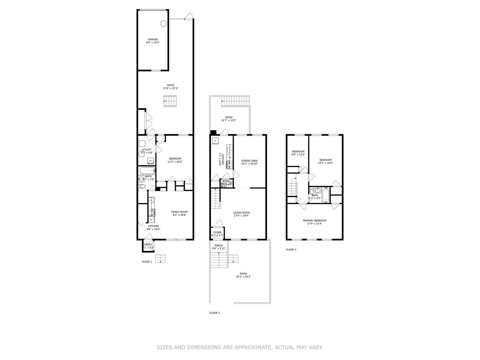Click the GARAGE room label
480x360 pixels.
pos(153,39)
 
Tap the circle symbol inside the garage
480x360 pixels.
pos(163,24)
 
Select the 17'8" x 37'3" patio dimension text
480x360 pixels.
pos(171,89)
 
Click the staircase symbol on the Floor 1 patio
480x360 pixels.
pos(170,101)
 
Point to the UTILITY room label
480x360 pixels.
pos(147,149)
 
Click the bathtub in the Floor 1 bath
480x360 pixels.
pos(147,171)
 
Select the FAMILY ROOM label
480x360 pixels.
pos(179,212)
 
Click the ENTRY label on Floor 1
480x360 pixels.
pos(148,244)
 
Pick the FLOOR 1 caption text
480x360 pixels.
pos(147,262)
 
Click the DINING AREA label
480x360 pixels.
pos(250,161)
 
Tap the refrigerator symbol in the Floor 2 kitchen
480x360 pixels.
pos(215,140)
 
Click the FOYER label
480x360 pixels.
pos(217,233)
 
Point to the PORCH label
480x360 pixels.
pos(218,246)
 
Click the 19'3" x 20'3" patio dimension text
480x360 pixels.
pos(243,277)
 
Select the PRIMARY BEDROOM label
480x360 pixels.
pos(314,220)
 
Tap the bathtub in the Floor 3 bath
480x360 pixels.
pos(326,196)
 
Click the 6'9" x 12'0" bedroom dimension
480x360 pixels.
pos(298,155)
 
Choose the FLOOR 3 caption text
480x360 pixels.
pos(291,249)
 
